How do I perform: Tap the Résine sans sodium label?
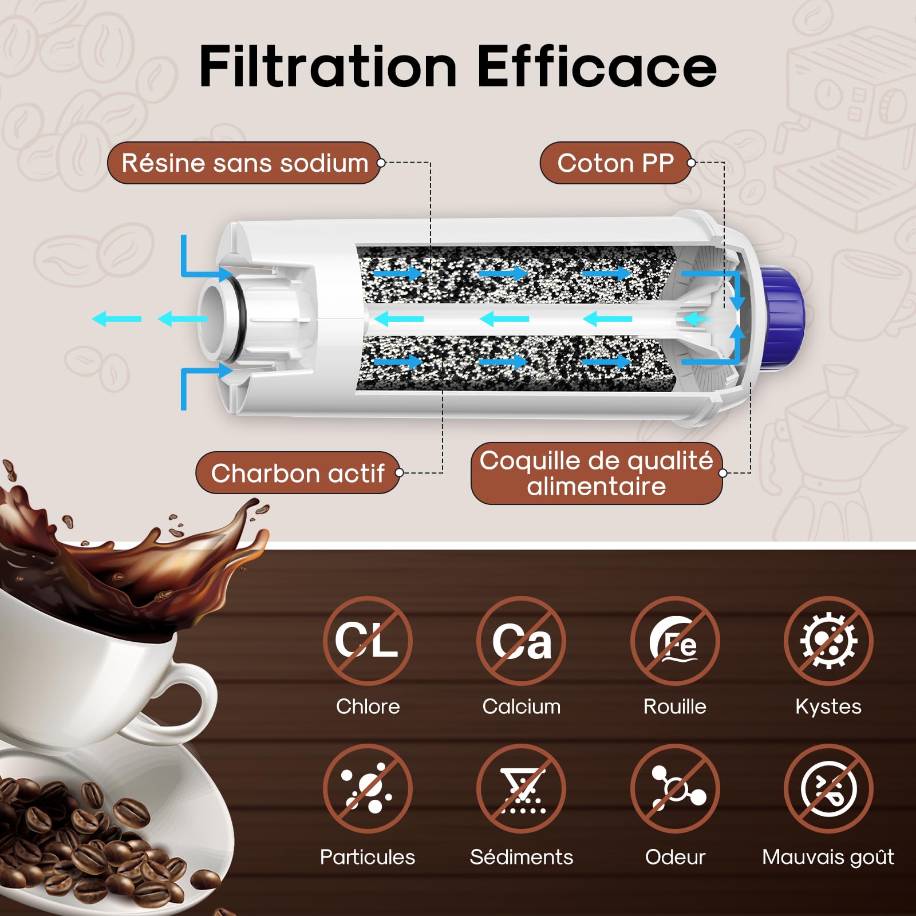coord(244,163)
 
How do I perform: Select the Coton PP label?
coord(615,163)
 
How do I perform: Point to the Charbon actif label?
coord(297,473)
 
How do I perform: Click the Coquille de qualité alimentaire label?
coord(596,473)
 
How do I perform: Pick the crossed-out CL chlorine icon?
coord(367,641)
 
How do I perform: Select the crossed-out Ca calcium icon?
coord(521,641)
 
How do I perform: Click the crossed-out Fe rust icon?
coord(675,641)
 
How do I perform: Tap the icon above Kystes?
coord(828,641)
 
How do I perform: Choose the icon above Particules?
coord(367,789)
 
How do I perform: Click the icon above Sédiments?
coord(521,789)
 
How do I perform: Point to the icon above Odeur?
coord(675,789)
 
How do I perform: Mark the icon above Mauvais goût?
coord(828,789)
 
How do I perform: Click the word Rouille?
coord(675,706)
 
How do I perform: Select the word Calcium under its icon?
coord(521,706)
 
